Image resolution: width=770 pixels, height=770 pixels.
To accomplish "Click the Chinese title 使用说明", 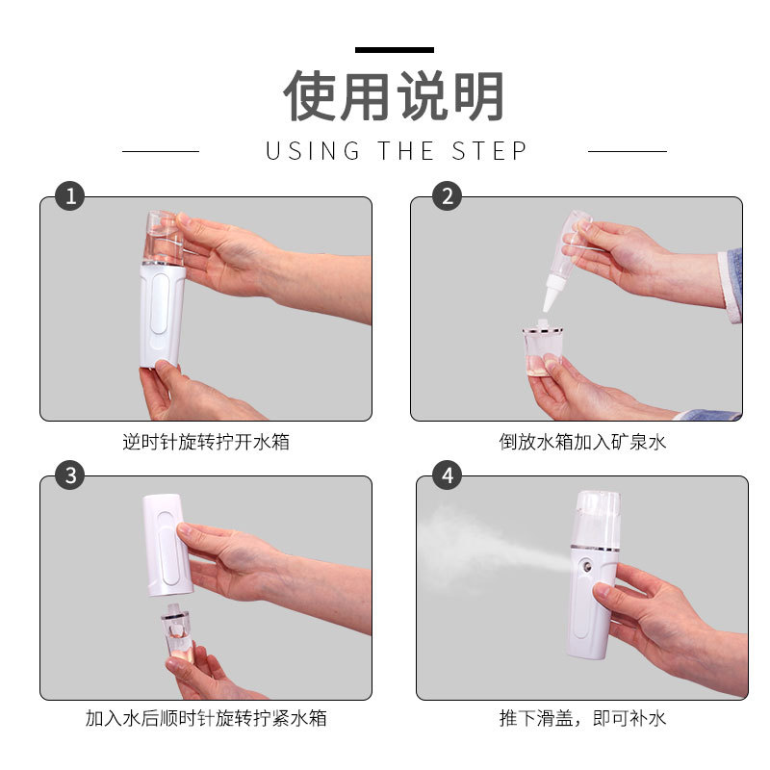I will pos(394,96).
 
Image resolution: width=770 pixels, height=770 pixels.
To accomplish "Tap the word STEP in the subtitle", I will pos(490,151).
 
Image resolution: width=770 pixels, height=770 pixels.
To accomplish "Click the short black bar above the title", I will pos(394,49).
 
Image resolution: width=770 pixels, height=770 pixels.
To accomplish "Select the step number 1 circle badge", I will pos(69,196).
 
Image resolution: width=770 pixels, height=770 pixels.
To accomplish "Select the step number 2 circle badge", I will pos(447,196).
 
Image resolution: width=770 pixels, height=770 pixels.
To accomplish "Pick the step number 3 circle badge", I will pos(69,475).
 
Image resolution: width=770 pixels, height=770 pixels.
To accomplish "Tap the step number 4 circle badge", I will pos(447,475).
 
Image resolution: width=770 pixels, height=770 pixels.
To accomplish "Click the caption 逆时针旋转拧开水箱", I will pos(206,442).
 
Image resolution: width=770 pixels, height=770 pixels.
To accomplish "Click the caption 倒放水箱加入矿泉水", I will pos(582,442).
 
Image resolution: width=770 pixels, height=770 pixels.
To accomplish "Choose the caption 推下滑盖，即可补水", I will pos(582,718).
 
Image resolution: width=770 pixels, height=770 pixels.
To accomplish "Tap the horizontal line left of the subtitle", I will pos(160,151).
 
